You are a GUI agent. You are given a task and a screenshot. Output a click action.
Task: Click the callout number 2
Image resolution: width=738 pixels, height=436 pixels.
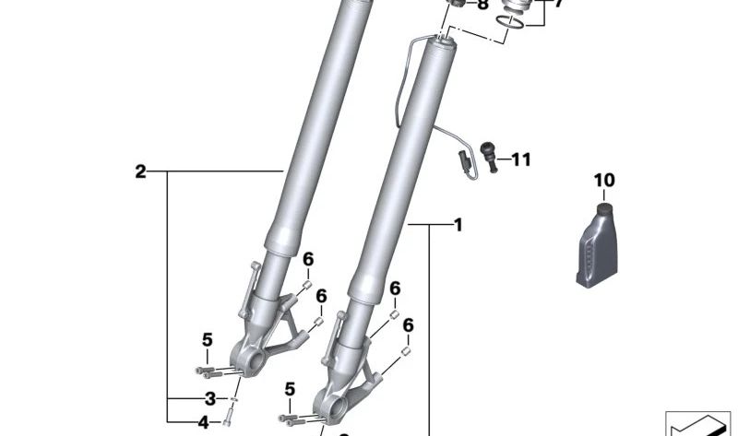[140, 171]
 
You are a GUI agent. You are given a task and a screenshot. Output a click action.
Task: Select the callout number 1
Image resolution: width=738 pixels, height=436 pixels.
[458, 224]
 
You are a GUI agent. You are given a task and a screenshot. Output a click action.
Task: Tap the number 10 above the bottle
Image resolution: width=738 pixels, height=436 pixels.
[603, 180]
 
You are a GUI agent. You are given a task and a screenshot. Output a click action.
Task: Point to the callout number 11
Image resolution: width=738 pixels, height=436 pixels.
[521, 160]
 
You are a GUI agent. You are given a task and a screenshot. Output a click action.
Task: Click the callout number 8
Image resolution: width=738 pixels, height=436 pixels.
[482, 5]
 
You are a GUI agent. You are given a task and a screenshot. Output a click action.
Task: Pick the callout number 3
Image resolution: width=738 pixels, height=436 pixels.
[209, 399]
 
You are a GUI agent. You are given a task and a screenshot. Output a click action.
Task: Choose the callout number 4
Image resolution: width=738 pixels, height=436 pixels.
[203, 423]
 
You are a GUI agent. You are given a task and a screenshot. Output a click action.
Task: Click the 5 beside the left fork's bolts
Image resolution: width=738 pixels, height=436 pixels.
[208, 339]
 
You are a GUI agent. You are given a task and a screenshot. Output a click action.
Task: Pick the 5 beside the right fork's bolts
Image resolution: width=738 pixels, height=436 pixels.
[290, 390]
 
